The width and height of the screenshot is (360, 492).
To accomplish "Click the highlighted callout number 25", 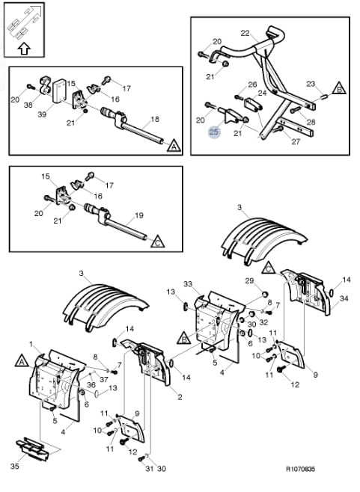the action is coord(214,132).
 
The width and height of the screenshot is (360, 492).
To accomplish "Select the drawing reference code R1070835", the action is coord(300,469).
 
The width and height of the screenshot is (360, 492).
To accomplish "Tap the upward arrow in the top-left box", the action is coord(24,49).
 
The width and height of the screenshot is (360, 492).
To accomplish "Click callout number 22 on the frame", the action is coord(245,33).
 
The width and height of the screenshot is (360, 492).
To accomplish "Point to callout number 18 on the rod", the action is coord(155,119).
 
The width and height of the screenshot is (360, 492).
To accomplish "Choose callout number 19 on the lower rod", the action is coord(139,215).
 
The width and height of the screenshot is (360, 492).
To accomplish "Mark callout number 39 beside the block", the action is coord(42,114).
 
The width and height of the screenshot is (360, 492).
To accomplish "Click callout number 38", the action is coord(28,105).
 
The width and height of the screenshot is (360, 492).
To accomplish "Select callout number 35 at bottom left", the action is coord(15,467).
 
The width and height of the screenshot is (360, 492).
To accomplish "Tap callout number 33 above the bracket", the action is coord(188,284).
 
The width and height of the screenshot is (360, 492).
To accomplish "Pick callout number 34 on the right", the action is coord(344,298).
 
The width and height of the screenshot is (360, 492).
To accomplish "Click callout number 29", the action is coord(249,280).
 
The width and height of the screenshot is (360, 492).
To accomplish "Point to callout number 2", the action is coord(180,397).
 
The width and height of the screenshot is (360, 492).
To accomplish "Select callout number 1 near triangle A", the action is coord(31,344).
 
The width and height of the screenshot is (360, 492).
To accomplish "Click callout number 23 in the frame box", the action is coord(311,84).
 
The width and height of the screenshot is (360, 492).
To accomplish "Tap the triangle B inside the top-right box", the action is coord(339,88).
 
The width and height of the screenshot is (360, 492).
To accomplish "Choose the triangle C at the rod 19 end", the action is coord(158,242).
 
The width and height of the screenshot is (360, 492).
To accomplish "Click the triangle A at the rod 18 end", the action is coord(174,147).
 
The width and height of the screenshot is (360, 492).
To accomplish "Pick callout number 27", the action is coord(296,141).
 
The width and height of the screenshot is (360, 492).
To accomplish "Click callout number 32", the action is coord(264,322).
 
